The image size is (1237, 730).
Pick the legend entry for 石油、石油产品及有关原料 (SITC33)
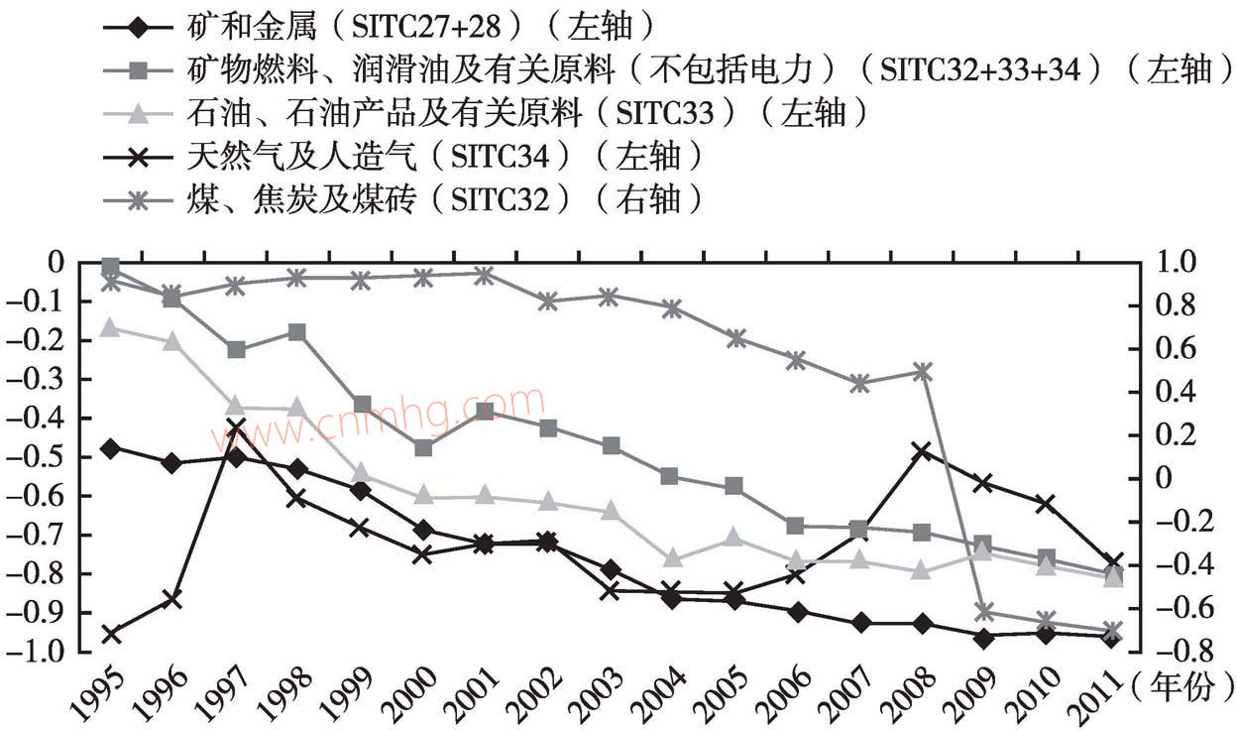(x=486, y=112)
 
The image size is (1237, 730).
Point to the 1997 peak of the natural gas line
(x=236, y=427)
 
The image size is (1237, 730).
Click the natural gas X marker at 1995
(x=110, y=633)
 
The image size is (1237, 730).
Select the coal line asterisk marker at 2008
(x=922, y=372)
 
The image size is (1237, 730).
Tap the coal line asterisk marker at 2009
(x=984, y=611)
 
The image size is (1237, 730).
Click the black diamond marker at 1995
(x=110, y=448)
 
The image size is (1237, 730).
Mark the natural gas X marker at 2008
(x=922, y=451)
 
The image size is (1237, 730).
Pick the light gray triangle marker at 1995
(x=110, y=328)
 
